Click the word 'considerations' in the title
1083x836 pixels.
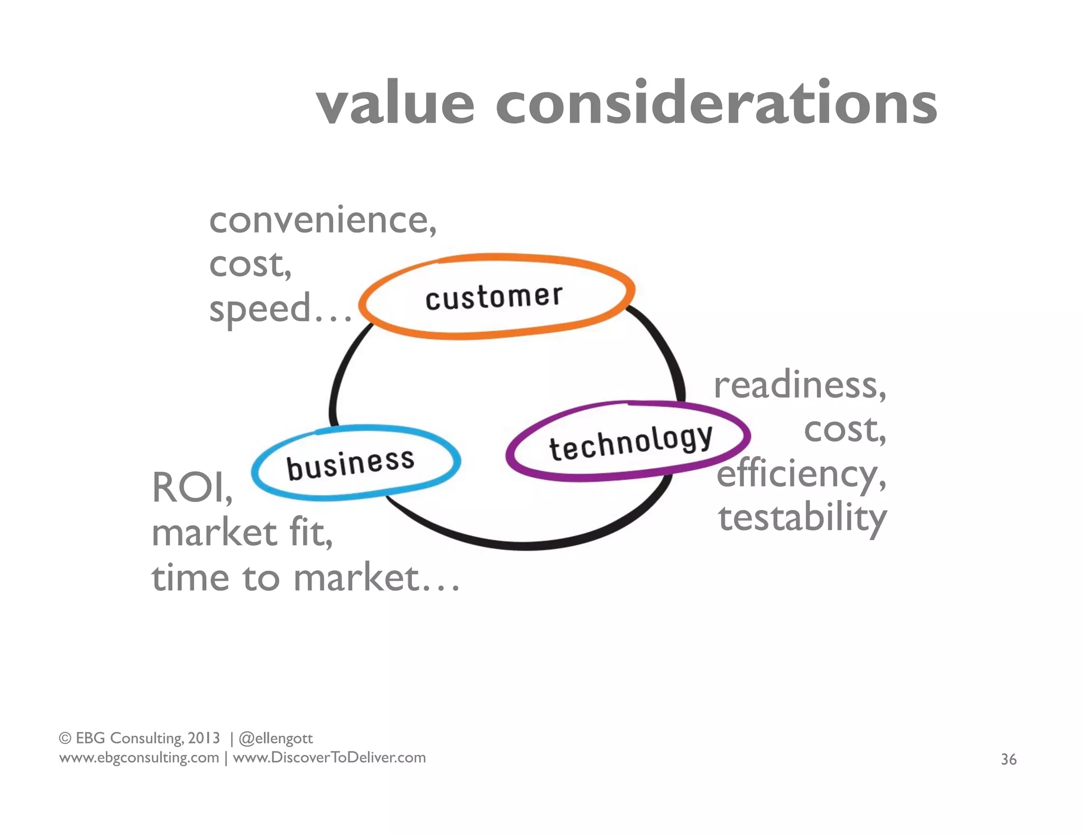coord(717,104)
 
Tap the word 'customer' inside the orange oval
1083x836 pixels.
coord(494,297)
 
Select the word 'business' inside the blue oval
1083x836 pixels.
coord(351,464)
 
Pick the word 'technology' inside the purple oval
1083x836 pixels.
coord(631,443)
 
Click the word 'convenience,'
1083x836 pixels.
coord(323,220)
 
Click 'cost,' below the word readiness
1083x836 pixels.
coord(845,430)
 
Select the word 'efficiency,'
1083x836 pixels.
coord(801,475)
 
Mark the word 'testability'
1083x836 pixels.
coord(802,518)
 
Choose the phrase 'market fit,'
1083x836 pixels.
coord(242,533)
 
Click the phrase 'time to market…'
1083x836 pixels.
coord(305,578)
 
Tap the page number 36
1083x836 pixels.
coord(1008,759)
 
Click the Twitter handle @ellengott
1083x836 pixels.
coord(276,738)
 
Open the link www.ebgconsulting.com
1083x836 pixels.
coord(139,758)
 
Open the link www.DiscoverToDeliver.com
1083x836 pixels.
coord(329,758)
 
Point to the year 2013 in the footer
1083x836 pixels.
coord(204,738)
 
